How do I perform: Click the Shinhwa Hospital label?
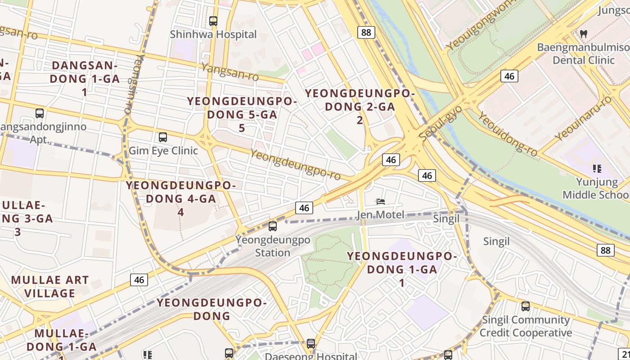point(213,35)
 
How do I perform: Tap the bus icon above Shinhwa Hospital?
point(213,21)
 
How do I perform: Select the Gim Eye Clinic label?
point(163,150)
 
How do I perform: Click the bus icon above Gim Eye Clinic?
point(163,137)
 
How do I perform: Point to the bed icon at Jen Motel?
point(380,202)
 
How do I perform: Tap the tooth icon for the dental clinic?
point(584,33)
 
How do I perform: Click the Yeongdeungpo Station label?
point(273,246)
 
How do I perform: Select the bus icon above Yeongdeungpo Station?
point(273,226)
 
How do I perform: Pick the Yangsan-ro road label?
point(230,72)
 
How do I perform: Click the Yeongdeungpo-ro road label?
point(295,163)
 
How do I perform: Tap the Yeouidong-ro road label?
point(508,134)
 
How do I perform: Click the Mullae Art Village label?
point(50,287)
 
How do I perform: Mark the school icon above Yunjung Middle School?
point(597,169)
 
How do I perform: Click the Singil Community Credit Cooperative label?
point(526,326)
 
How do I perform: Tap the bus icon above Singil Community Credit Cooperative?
point(525,306)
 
